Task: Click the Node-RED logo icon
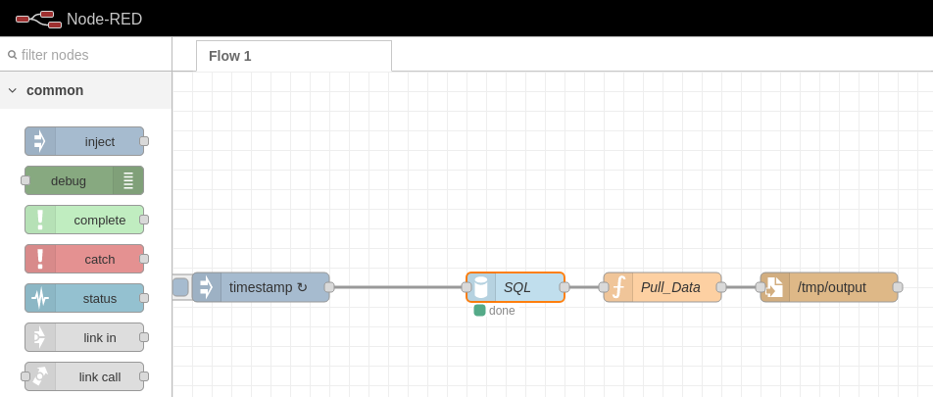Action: click(38, 19)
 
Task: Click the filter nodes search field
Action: click(85, 55)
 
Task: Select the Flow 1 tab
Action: click(294, 56)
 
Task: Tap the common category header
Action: click(85, 90)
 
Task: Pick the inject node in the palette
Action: click(84, 141)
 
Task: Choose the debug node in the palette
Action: click(84, 180)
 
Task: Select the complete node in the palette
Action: click(84, 220)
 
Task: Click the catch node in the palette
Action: click(84, 259)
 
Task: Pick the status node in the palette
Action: click(84, 298)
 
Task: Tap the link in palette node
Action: click(84, 337)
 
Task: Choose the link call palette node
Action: click(84, 376)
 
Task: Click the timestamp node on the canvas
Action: click(261, 287)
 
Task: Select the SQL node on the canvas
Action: click(516, 287)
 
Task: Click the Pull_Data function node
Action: click(663, 287)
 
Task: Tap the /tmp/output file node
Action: click(829, 287)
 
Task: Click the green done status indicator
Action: click(479, 311)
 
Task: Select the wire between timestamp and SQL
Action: click(398, 287)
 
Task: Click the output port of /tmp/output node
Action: click(898, 287)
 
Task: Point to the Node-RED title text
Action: click(104, 19)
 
